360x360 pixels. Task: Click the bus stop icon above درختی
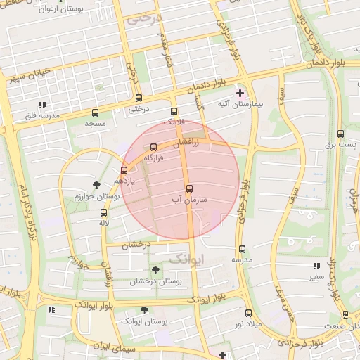coord(137,98)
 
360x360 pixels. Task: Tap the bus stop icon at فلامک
coord(174,111)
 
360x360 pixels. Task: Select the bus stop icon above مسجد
coord(95,112)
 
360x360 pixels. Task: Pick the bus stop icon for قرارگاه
coord(154,147)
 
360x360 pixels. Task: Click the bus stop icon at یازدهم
coord(124,169)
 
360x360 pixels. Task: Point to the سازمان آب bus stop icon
coord(189,188)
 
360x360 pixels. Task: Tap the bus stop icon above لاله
coord(103,212)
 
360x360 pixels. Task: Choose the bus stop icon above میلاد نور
coord(248,313)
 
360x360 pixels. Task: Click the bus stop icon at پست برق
coord(340,134)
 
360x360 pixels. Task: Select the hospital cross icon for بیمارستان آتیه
coord(240,93)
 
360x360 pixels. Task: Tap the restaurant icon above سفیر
coord(316,266)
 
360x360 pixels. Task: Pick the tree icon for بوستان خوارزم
coord(96,186)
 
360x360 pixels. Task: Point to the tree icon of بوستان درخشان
coord(155,270)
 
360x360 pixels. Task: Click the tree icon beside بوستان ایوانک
coord(144,309)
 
